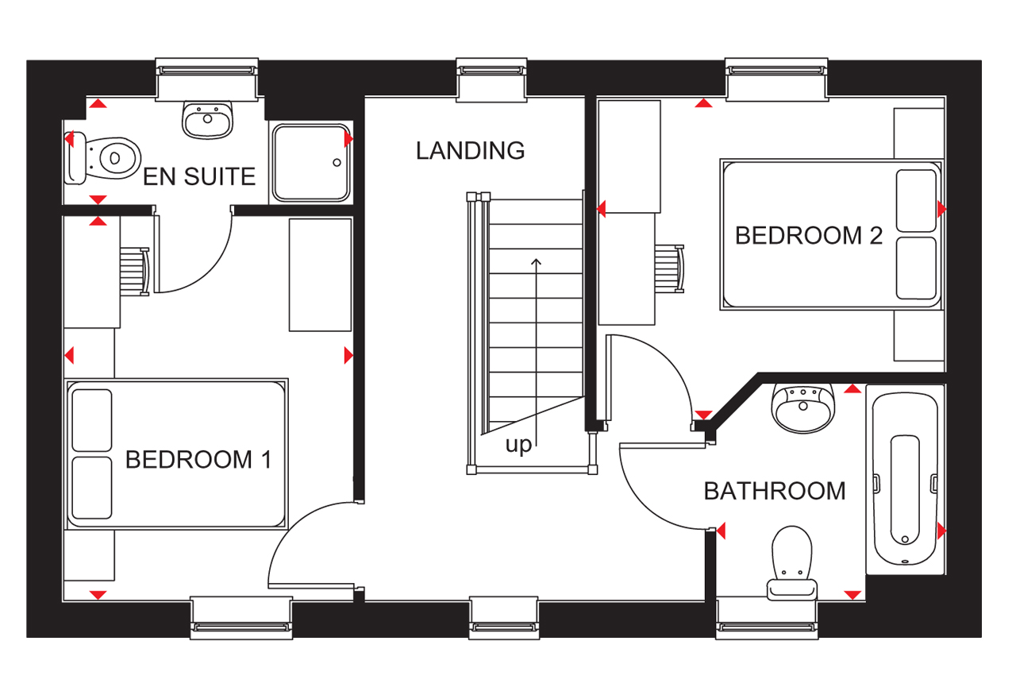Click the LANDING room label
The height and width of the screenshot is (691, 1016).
pos(470,150)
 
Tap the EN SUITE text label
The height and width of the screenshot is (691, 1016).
pos(199,176)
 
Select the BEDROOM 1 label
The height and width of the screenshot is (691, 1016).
pos(198,459)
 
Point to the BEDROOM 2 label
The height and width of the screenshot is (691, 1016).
pos(808,236)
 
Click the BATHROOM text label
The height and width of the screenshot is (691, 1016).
pos(775,491)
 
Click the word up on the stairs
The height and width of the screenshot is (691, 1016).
pos(518,446)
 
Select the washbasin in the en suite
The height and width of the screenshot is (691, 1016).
pos(208,119)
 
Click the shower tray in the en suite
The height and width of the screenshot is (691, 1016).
pos(310,162)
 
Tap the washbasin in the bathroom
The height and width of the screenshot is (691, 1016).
pos(802,407)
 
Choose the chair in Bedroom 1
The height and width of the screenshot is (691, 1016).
pos(134,270)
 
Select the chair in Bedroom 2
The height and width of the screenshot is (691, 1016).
pos(668,268)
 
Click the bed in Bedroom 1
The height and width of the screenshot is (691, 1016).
pos(176,453)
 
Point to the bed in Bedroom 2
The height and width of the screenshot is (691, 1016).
pos(830,234)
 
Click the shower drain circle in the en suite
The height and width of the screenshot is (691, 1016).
pos(337,162)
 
